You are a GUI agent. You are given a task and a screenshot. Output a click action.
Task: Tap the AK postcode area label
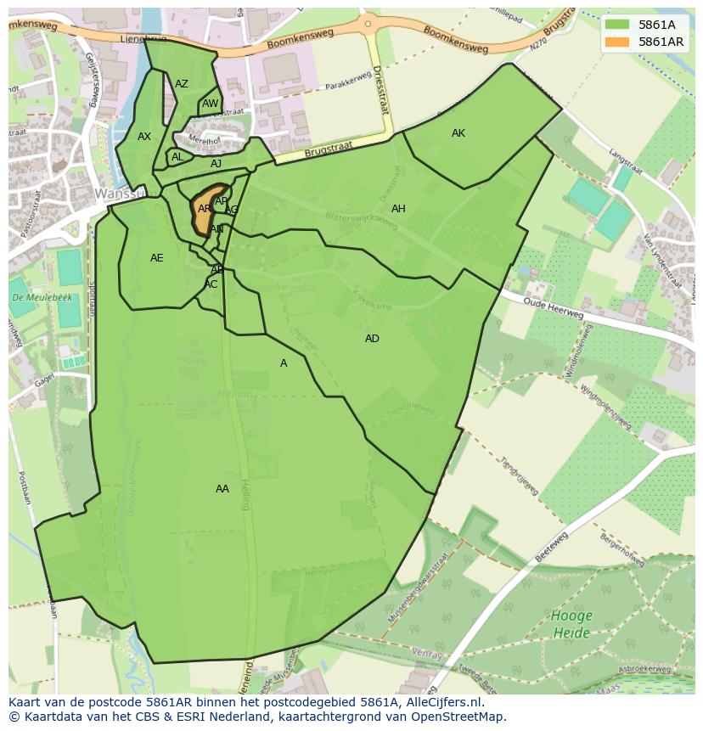click(458, 133)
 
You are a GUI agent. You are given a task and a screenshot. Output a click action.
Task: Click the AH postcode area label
click(398, 209)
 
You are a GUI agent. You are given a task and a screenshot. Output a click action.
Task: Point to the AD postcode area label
click(372, 339)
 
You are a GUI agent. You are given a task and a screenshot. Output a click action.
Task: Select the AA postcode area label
click(222, 489)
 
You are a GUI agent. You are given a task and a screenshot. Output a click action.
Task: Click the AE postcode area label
click(157, 258)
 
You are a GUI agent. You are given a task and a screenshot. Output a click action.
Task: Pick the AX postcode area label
click(144, 137)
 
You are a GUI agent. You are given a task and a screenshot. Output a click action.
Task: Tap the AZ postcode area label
click(182, 84)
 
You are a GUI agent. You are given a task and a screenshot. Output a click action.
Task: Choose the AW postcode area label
click(210, 104)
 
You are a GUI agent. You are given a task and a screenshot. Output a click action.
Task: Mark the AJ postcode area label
click(217, 164)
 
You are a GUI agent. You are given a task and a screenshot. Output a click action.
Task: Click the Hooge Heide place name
click(571, 624)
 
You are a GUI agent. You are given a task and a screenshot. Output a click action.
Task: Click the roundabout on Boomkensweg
click(368, 25)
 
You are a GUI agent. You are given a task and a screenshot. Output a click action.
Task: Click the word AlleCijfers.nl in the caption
click(441, 703)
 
